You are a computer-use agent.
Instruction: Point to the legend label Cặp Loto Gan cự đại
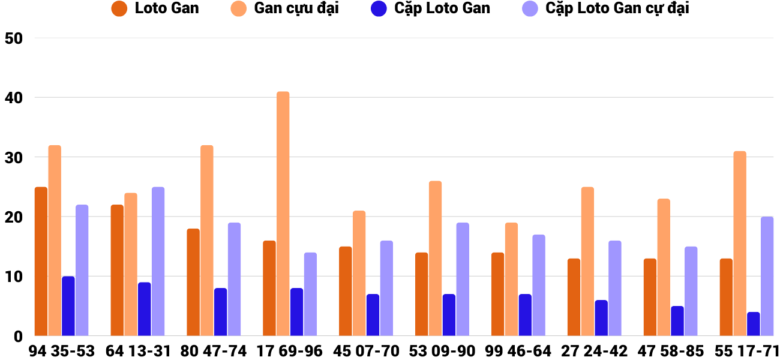coord(617,8)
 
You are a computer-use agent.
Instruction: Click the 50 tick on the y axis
coord(13,38)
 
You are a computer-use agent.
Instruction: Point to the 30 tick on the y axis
coord(13,157)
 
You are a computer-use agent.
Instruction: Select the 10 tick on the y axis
coord(13,277)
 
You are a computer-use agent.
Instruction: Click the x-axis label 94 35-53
coord(62,351)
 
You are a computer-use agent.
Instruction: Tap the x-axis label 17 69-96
coord(290,351)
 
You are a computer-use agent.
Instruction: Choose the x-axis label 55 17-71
coord(746,351)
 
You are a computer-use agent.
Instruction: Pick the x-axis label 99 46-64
coord(519,351)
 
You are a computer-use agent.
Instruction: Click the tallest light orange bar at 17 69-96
coord(283,214)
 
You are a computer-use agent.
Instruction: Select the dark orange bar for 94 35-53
coord(41,261)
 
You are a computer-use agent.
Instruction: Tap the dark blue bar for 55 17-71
coord(754,324)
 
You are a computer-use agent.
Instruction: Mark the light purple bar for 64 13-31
coord(158,261)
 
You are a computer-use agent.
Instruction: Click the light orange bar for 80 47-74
coord(207,240)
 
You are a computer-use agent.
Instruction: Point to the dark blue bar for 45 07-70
coord(373,315)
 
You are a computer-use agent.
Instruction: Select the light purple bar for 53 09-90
coord(463,279)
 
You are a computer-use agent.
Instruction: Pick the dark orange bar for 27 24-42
coord(574,297)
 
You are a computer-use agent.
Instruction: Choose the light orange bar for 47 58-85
coord(664,267)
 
